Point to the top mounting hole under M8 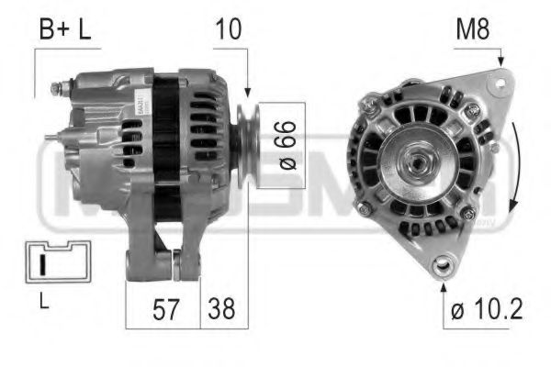500,83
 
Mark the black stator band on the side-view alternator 166,147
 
